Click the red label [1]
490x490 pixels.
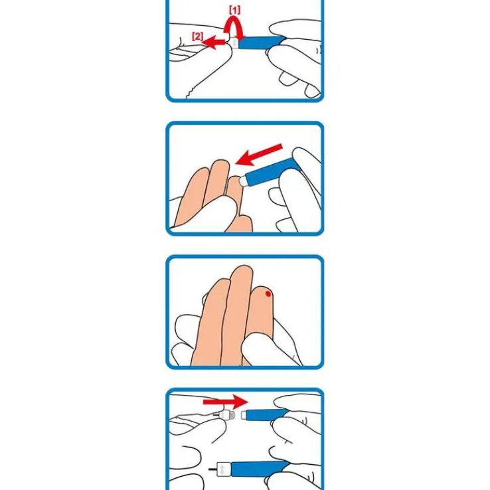coord(234,11)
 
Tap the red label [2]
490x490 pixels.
coord(197,37)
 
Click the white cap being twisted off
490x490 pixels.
coord(234,42)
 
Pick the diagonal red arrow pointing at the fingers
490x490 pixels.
coord(259,155)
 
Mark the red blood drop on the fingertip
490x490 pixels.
coord(268,293)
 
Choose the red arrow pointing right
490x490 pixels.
coord(225,402)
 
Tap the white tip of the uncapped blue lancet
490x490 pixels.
coord(244,416)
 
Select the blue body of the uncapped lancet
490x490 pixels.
coord(266,414)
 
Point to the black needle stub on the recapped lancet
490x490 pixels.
coord(212,469)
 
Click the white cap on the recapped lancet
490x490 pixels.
coord(224,469)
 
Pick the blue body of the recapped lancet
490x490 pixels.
coord(260,469)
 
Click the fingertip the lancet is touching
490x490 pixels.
coord(234,182)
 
